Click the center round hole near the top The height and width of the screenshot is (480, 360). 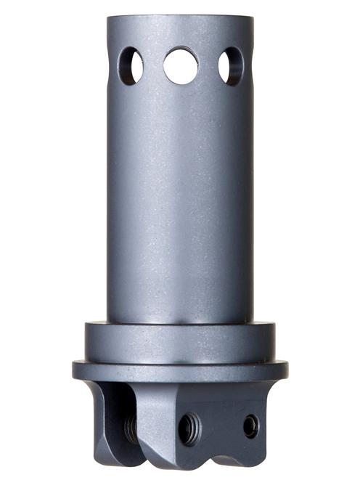[181, 65]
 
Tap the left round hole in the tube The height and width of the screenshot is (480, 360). [132, 65]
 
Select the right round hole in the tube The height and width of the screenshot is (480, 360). [231, 65]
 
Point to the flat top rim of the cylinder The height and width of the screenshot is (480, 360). [180, 17]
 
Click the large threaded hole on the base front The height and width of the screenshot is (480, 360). [190, 428]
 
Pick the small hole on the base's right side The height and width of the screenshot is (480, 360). [250, 426]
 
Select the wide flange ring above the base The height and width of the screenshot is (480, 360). [180, 370]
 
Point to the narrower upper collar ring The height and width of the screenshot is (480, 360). [180, 341]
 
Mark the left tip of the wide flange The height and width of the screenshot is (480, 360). [74, 370]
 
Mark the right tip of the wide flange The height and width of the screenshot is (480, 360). [286, 370]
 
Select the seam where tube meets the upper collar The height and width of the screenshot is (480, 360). [180, 323]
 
